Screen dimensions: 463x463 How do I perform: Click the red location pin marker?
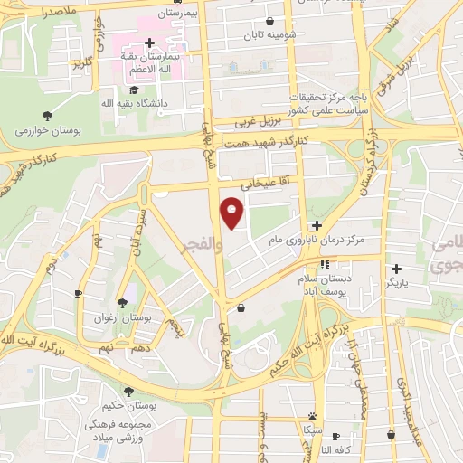coord(232,214)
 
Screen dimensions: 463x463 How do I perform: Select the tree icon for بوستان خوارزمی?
coord(47,116)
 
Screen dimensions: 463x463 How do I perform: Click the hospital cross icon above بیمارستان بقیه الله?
coord(150,43)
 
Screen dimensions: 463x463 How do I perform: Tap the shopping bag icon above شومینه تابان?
coord(270,22)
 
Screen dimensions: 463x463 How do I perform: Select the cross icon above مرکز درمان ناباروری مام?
coord(316,225)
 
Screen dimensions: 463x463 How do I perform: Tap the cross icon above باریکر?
coord(396,268)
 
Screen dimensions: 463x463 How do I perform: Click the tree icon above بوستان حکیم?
coord(128,392)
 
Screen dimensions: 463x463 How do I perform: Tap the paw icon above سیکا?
coord(312,416)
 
